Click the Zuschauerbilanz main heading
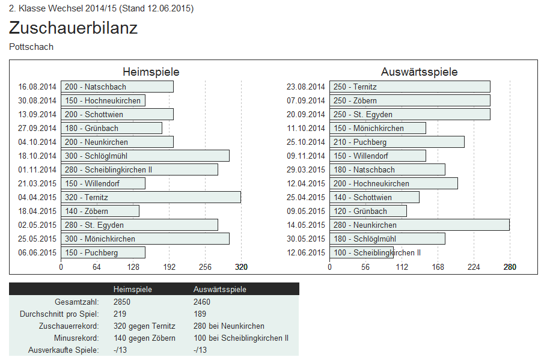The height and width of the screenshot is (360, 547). pyautogui.click(x=73, y=28)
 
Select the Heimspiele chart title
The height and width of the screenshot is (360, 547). pyautogui.click(x=151, y=72)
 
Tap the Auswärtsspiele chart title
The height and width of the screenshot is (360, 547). pyautogui.click(x=419, y=72)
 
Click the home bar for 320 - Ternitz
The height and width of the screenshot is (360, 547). pyautogui.click(x=150, y=197)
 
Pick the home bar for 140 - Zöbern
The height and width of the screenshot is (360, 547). pyautogui.click(x=100, y=211)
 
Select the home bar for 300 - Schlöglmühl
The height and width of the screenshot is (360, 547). pyautogui.click(x=145, y=156)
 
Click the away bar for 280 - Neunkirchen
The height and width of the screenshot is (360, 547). pyautogui.click(x=419, y=225)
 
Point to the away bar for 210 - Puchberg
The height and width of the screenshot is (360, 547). pyautogui.click(x=397, y=142)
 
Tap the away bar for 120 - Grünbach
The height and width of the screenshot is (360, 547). pyautogui.click(x=368, y=211)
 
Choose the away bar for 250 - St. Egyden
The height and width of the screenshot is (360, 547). pyautogui.click(x=409, y=114)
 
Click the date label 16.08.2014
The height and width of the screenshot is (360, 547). pyautogui.click(x=37, y=87)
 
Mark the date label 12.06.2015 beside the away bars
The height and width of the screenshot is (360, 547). pyautogui.click(x=306, y=253)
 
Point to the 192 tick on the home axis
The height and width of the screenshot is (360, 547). pyautogui.click(x=170, y=267)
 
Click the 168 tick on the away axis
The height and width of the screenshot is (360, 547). pyautogui.click(x=438, y=267)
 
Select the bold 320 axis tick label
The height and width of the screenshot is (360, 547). pyautogui.click(x=241, y=267)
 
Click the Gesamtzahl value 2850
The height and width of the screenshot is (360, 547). pyautogui.click(x=122, y=302)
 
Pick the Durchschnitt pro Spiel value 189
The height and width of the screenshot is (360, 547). pyautogui.click(x=200, y=314)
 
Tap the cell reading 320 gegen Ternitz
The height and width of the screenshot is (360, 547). pyautogui.click(x=144, y=326)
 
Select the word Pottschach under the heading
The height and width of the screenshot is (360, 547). pyautogui.click(x=31, y=47)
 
